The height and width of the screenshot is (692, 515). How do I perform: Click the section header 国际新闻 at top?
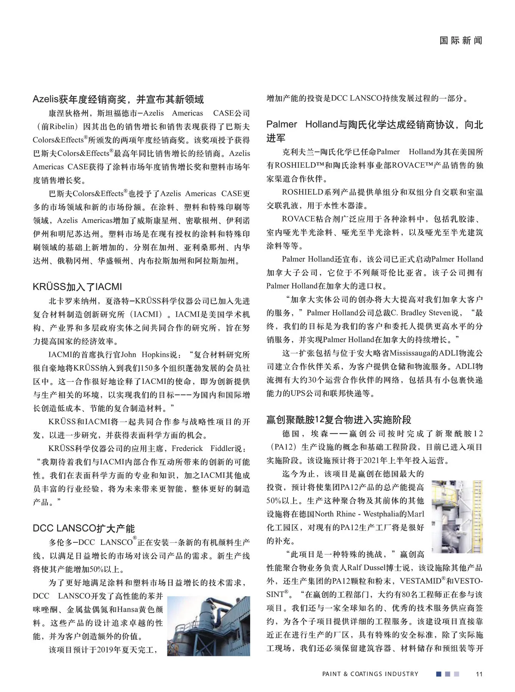coord(461,41)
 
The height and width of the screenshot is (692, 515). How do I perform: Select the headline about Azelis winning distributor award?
coord(118,100)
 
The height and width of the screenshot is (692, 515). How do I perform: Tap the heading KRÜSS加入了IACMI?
coord(77,287)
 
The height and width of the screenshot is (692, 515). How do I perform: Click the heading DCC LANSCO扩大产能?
coord(84,528)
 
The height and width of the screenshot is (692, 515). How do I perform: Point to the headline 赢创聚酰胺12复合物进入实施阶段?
coord(339,420)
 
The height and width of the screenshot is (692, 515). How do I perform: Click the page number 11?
coord(479,674)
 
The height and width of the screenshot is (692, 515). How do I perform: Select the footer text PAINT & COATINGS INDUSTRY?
coord(370,674)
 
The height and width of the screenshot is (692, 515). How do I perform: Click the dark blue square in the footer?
coord(439,674)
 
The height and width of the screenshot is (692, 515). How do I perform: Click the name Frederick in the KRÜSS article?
coord(187,448)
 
